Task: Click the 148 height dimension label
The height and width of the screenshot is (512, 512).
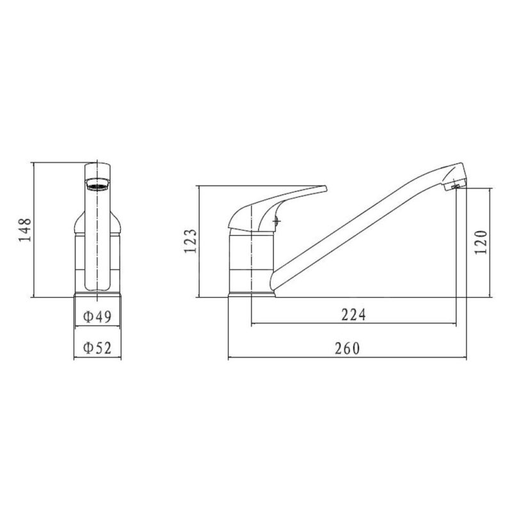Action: (x=25, y=230)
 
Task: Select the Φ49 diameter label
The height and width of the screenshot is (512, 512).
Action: (x=97, y=316)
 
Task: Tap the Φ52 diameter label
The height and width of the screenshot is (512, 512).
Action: (x=97, y=348)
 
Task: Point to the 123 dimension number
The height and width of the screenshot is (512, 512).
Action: (x=190, y=241)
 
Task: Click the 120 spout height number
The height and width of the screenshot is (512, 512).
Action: (x=481, y=243)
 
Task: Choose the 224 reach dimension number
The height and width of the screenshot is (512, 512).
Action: (x=354, y=315)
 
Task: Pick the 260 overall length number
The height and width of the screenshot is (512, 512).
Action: (x=347, y=348)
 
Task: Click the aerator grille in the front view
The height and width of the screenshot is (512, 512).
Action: (x=97, y=187)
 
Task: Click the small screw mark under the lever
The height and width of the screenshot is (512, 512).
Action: (x=277, y=221)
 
